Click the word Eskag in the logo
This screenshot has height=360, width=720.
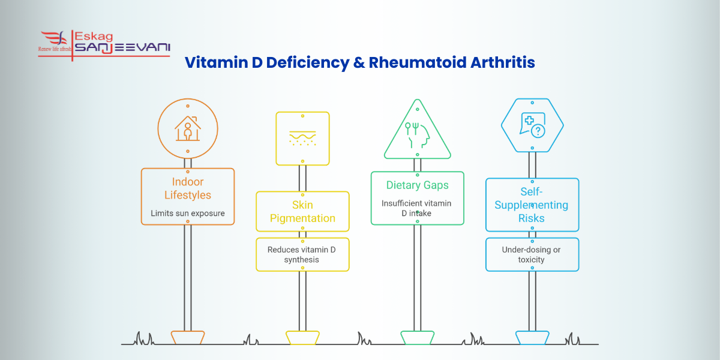94,37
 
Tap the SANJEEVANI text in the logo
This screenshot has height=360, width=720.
122,47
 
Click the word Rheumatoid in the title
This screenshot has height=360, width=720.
417,62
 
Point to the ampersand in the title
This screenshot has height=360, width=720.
359,62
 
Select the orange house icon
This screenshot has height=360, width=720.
188,128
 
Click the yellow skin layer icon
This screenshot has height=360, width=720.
302,138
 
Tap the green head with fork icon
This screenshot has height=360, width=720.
417,135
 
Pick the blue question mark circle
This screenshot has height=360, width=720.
538,131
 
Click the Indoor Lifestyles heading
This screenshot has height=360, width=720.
188,188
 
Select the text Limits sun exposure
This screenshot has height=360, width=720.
188,213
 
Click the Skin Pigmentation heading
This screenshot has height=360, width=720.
302,211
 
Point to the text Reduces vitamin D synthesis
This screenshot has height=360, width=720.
301,254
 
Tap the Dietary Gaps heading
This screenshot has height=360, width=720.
417,185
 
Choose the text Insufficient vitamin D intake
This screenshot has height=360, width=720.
416,208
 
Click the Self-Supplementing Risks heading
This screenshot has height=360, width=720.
532,205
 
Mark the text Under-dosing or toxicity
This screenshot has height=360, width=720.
531,254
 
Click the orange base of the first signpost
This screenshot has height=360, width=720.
188,337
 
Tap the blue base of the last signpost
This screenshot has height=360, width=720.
532,337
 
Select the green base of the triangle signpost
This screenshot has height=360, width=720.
417,337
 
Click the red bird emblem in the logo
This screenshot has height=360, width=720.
54,38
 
